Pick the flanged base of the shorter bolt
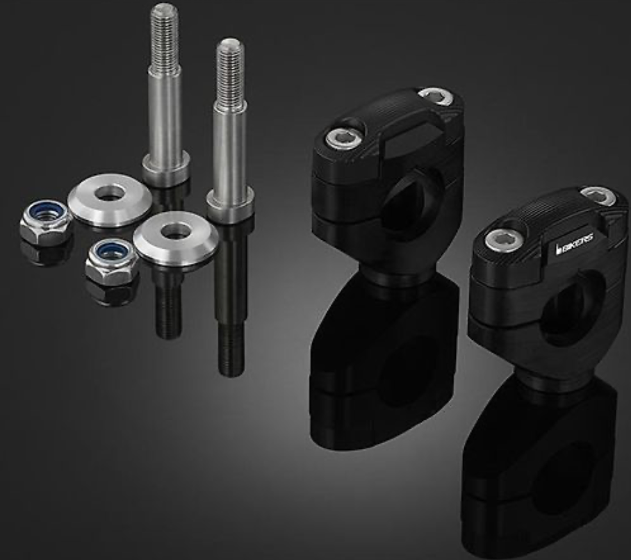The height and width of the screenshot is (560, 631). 231,206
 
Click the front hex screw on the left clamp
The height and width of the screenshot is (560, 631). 342,139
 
